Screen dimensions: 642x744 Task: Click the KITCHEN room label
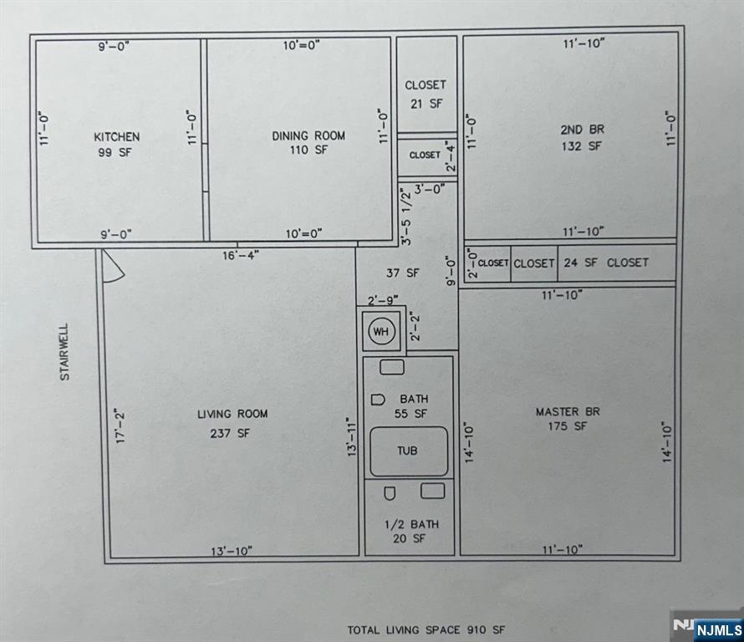click(x=117, y=136)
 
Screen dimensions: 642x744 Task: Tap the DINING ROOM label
click(x=308, y=135)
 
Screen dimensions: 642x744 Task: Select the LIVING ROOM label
click(x=232, y=414)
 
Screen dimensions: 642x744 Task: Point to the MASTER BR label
click(x=568, y=411)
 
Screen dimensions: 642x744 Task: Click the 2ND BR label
click(x=582, y=130)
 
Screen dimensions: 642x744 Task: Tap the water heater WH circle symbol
click(x=381, y=332)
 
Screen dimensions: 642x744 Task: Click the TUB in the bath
click(x=408, y=451)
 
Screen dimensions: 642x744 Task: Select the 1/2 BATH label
click(x=410, y=524)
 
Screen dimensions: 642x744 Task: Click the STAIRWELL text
click(x=64, y=352)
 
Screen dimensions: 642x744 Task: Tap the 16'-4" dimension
click(x=241, y=255)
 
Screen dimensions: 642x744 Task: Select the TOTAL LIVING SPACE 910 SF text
click(x=426, y=629)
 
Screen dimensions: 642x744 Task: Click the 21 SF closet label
click(x=426, y=103)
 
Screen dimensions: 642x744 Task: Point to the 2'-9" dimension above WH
click(x=383, y=298)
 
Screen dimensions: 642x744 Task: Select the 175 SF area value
click(x=568, y=426)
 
